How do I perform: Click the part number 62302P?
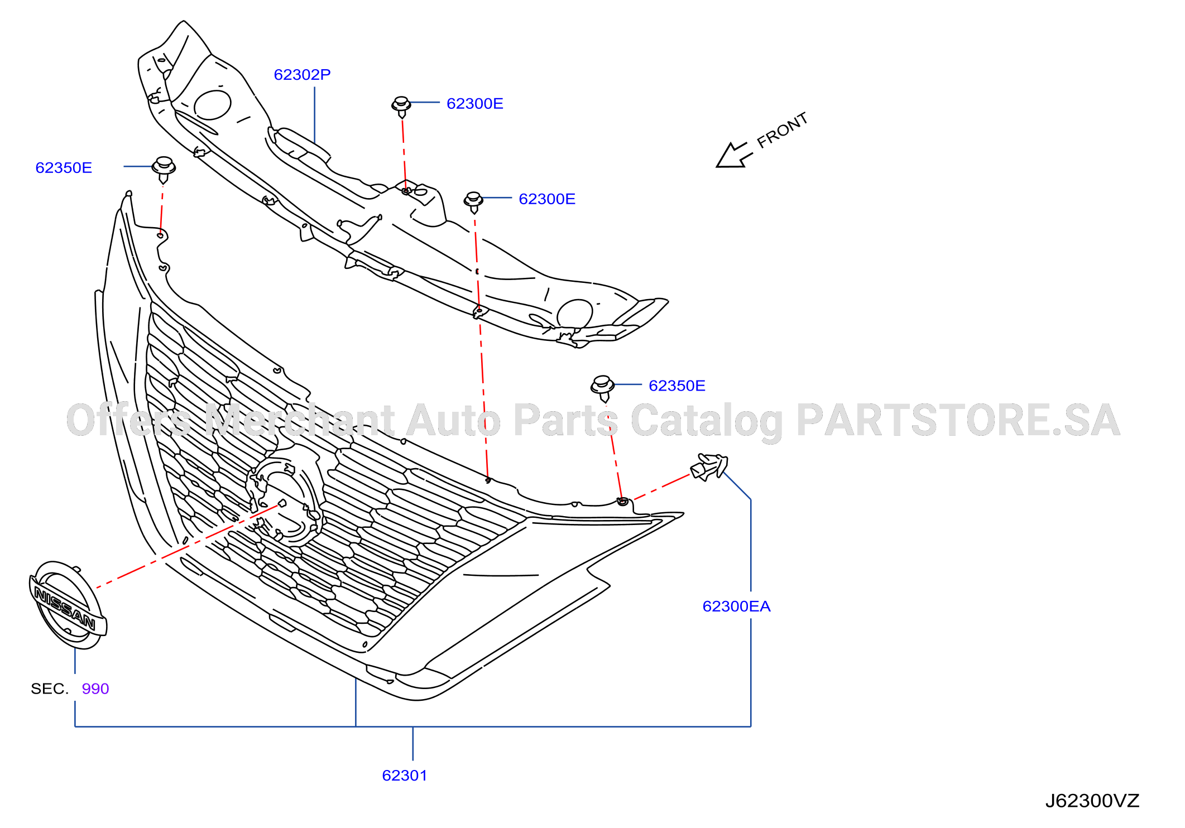tap(302, 75)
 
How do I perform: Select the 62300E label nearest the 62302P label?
tap(475, 104)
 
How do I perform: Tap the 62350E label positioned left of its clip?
tap(64, 168)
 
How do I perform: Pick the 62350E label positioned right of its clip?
tap(677, 386)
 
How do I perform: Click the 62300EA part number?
tap(736, 606)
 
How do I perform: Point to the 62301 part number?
tap(405, 776)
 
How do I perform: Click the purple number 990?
tap(95, 689)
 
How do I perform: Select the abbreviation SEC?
tap(49, 689)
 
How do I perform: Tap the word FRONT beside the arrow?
tap(783, 131)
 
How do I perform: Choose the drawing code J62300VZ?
tap(1092, 801)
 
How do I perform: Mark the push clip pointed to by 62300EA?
tap(709, 467)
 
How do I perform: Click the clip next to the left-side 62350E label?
tap(164, 170)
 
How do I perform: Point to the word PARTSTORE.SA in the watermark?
tap(958, 421)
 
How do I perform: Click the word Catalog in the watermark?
tap(707, 422)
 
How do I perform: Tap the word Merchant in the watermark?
tap(300, 421)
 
